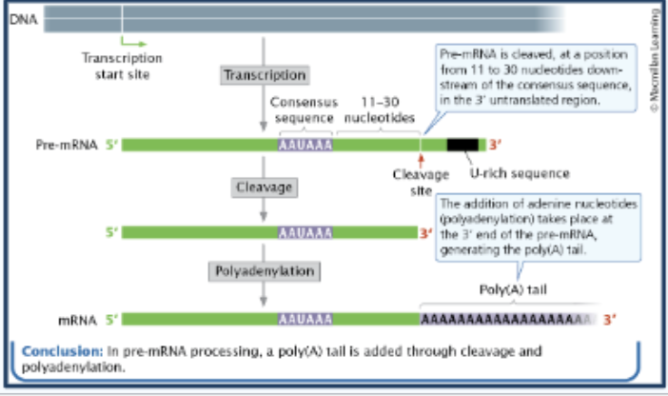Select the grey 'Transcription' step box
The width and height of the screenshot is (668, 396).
click(x=264, y=75)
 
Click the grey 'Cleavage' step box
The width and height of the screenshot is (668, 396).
click(x=264, y=188)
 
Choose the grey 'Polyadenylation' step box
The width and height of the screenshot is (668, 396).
click(x=263, y=271)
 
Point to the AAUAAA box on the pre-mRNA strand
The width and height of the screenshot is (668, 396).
click(x=305, y=146)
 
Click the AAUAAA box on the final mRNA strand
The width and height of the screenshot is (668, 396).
click(x=305, y=319)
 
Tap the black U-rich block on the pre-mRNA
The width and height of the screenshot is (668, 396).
click(x=462, y=146)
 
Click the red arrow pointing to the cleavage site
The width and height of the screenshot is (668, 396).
click(x=420, y=160)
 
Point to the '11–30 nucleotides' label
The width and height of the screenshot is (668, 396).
click(x=378, y=109)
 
